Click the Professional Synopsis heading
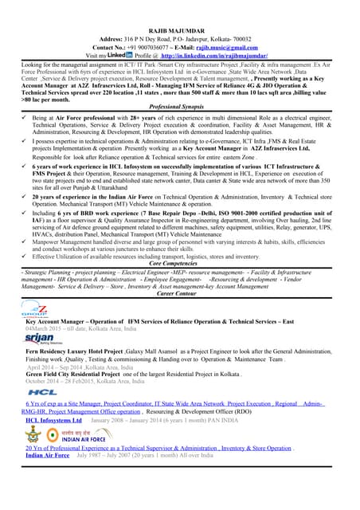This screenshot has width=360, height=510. [179, 105]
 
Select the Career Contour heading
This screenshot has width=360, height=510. [179, 293]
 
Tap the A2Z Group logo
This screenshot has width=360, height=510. [34, 308]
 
